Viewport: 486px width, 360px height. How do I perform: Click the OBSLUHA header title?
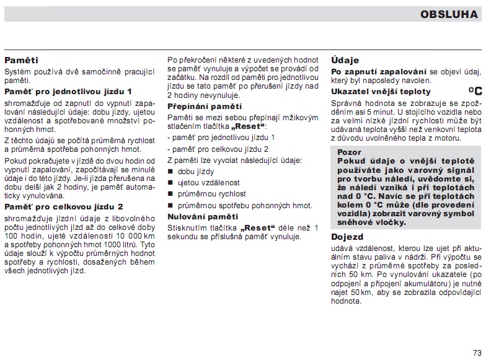point(449,14)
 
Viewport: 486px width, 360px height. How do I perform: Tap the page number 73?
point(476,353)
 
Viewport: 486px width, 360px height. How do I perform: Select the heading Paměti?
point(22,61)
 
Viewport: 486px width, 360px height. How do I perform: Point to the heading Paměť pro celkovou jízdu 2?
point(64,206)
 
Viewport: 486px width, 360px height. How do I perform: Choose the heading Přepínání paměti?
point(205,107)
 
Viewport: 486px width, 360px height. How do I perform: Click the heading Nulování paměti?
point(203,217)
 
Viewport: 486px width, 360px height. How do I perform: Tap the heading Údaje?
point(345,61)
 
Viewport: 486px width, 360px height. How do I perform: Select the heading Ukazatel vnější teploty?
point(381,92)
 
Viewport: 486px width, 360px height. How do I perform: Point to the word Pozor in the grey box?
point(350,152)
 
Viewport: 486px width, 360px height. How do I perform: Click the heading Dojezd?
point(347,237)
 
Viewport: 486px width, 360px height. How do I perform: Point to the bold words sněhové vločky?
point(372,221)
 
